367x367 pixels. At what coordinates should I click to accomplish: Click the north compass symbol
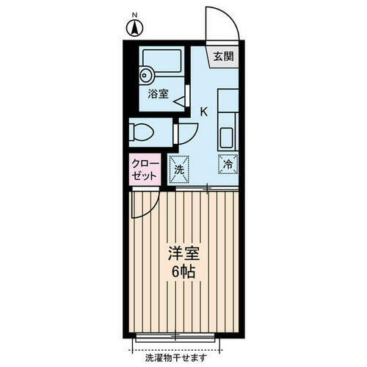point(135,30)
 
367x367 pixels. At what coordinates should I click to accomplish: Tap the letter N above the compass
point(135,15)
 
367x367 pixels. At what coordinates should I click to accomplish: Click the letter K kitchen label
point(203,112)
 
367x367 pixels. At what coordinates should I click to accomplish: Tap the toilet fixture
point(141,132)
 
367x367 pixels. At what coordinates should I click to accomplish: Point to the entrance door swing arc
point(222,22)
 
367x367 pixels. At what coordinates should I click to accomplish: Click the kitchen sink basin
point(227,137)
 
